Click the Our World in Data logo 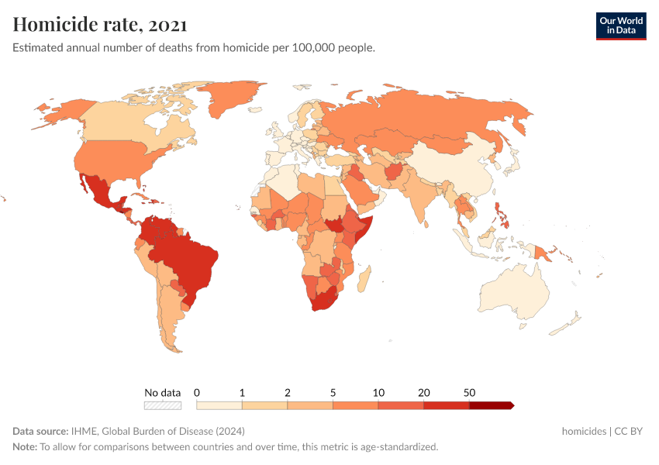tap(620, 26)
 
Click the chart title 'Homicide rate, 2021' tap(99, 24)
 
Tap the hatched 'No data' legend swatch tap(163, 405)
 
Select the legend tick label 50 tap(469, 392)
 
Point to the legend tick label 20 tap(424, 392)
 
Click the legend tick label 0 tap(197, 392)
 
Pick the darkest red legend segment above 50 tap(491, 405)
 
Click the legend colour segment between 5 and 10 tap(356, 405)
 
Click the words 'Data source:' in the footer tap(40, 431)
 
